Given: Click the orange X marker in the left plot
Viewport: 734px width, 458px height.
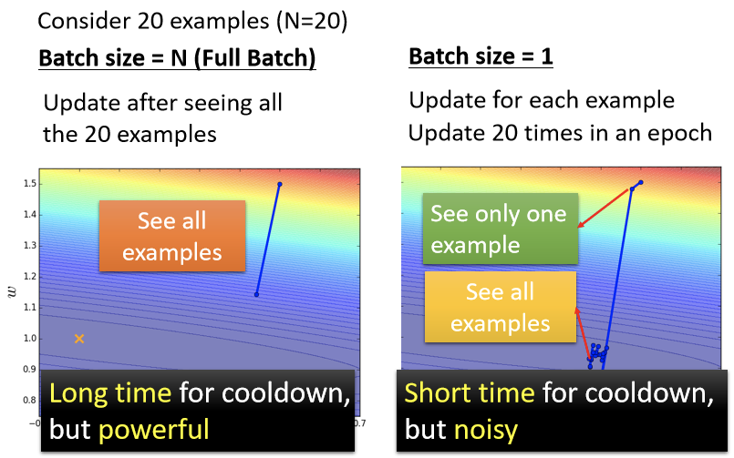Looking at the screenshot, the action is [79, 339].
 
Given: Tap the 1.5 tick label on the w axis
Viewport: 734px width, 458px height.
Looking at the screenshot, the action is [29, 184].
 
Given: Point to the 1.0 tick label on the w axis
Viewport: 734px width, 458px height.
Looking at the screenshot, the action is [29, 339].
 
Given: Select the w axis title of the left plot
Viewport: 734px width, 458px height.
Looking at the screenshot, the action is [12, 292].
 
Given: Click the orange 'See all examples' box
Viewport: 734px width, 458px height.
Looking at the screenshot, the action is [172, 236].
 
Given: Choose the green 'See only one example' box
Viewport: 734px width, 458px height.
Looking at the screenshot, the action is [501, 229].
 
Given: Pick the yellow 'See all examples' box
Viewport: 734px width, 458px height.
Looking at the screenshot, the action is [501, 307].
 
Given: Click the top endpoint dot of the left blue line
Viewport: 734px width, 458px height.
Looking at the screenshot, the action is [280, 184].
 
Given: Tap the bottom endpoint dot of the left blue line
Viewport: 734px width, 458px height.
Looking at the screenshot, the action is [256, 294].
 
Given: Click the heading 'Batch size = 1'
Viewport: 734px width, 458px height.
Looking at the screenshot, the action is [481, 56].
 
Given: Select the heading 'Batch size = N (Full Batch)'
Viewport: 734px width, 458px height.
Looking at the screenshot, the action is [177, 58].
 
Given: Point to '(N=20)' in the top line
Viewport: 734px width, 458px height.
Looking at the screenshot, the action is [312, 21].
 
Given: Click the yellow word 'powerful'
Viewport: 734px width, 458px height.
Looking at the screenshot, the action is [153, 430].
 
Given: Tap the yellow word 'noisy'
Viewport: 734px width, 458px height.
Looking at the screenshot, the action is [486, 430].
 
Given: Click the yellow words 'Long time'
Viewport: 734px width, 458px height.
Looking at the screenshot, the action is [110, 392].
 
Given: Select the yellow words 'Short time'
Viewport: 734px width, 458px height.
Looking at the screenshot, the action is [470, 392].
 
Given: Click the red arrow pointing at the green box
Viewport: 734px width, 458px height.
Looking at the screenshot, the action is [603, 208].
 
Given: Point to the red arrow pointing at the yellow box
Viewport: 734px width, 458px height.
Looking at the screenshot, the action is [583, 332].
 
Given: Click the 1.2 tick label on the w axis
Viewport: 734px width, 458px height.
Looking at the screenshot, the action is [29, 277].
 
